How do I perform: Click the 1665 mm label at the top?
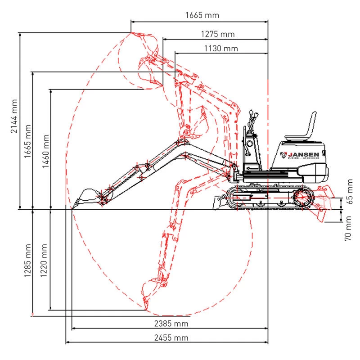click(202, 15)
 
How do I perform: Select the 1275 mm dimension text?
click(218, 34)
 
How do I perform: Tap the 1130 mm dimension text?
click(221, 49)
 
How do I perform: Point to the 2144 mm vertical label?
click(14, 116)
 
